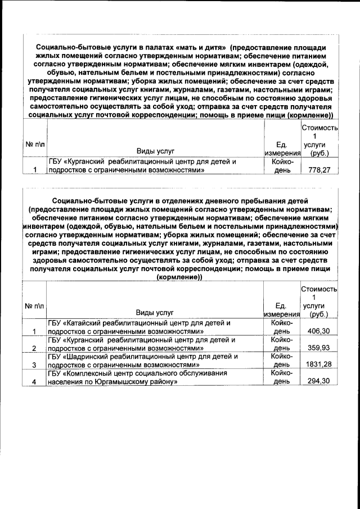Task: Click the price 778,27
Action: [319, 170]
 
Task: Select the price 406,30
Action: [319, 332]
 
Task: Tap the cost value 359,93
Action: [319, 348]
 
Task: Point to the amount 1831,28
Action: [318, 364]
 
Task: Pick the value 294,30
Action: [319, 381]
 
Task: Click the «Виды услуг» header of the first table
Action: [155, 151]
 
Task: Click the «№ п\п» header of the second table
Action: [35, 305]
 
